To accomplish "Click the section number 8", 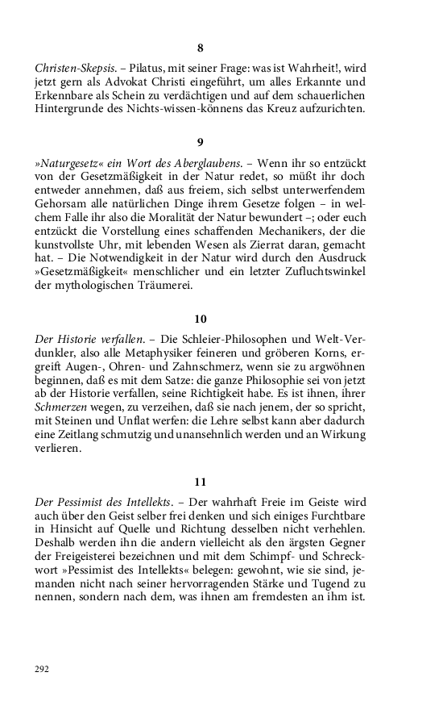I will pos(201,48).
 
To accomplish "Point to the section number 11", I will pos(201,482).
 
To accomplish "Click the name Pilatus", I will pos(135,70).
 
